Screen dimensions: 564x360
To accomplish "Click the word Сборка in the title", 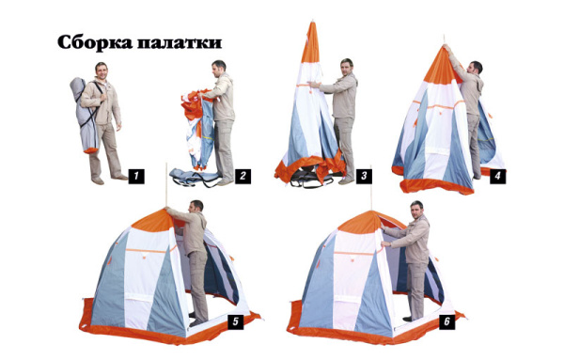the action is coord(95,42).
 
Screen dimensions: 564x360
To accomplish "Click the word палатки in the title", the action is coord(180,43).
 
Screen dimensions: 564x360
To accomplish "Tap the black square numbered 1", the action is coord(136,176).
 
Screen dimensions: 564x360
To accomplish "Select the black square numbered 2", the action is coord(243,176).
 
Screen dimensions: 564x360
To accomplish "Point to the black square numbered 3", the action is coord(364,176).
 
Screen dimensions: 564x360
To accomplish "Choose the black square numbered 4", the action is coord(498,176).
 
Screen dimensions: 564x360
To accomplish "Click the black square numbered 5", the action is coord(236,321).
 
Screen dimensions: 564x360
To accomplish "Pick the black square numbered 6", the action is coord(446,321).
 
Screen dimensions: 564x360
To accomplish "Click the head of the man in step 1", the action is coord(102,70).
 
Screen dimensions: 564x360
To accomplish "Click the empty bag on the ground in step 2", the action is coord(195,178).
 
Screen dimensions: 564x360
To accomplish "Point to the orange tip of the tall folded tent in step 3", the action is coord(311,42).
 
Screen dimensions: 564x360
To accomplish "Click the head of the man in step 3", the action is coord(347,68).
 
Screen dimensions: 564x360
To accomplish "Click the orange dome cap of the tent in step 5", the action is coord(154,220).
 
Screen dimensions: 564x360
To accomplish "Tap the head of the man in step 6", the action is coord(416,210).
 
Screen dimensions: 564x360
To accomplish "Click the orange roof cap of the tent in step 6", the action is coord(363,222).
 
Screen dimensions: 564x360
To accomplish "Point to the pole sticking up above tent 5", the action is coord(166,185).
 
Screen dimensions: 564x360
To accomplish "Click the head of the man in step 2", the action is coord(218,69).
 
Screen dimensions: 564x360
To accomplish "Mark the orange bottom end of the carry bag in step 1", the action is coord(90,150).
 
